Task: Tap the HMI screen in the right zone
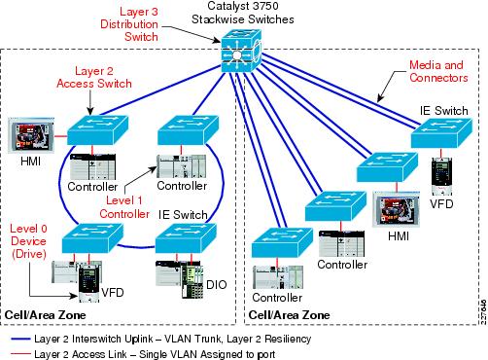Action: (393, 209)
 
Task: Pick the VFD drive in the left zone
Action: (91, 278)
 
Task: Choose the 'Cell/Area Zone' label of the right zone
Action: (288, 314)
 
